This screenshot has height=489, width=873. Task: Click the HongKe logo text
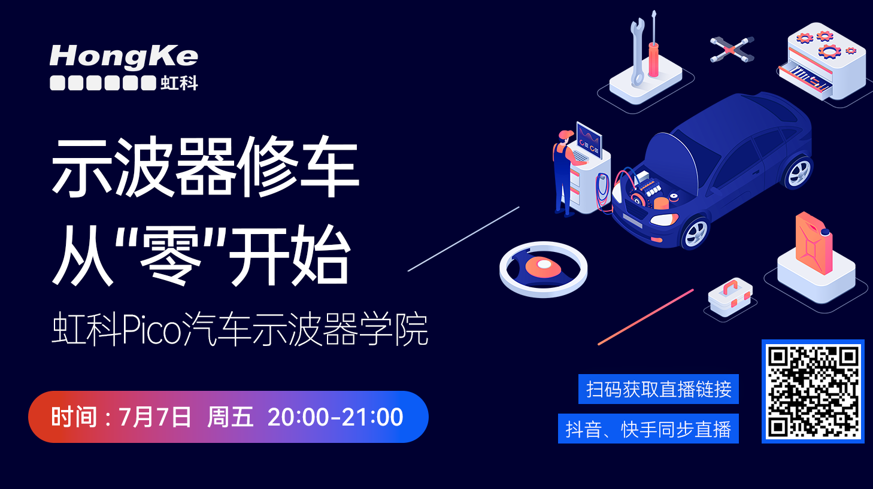(x=124, y=57)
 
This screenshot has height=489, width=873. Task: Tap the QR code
(x=813, y=391)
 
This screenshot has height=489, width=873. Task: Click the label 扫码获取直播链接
(x=659, y=389)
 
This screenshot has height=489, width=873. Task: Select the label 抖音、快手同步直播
(x=648, y=429)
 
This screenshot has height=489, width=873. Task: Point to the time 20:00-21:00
(x=335, y=417)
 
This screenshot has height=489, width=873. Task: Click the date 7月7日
(x=154, y=417)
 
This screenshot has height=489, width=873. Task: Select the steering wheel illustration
(x=543, y=269)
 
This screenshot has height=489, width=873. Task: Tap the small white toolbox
(x=730, y=297)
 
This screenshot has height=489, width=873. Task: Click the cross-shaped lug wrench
(x=732, y=50)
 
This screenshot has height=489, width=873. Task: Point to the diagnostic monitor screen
(x=589, y=139)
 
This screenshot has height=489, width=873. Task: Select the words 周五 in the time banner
(x=230, y=417)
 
